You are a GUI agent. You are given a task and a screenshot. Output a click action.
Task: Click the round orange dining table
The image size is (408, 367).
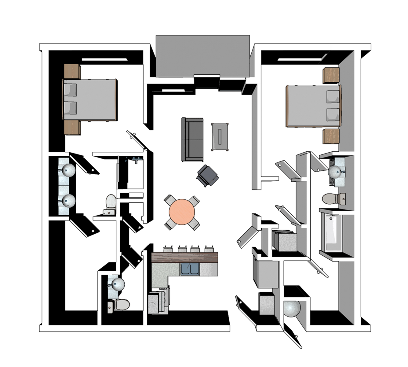(x=182, y=212)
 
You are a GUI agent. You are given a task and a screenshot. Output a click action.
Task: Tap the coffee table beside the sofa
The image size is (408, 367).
(x=220, y=136)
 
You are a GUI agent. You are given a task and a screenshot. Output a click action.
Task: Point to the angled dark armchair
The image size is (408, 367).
(x=207, y=175)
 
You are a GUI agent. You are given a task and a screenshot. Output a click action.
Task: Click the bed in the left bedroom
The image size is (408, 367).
(x=90, y=100)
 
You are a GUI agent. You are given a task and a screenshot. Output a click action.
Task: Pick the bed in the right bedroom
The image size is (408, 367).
(x=313, y=106)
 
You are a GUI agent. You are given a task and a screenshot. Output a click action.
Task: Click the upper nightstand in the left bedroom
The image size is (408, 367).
(x=72, y=72)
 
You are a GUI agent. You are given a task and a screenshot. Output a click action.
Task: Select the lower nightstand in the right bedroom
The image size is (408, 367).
(x=331, y=136)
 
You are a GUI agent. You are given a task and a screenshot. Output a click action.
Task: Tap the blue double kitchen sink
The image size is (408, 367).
(x=190, y=269)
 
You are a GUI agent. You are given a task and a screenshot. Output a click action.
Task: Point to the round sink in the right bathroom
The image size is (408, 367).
(x=336, y=172)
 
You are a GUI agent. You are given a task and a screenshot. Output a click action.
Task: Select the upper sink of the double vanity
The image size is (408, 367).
(x=68, y=170)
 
